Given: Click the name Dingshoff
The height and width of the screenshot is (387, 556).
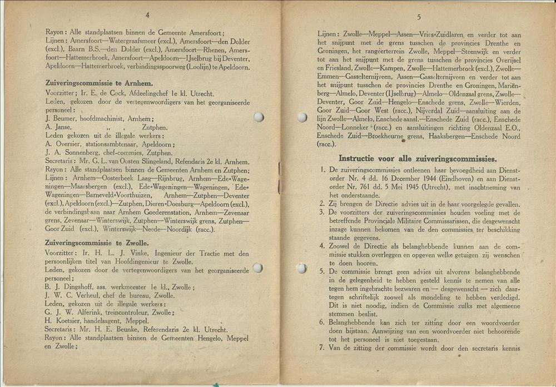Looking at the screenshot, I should tap(72, 287).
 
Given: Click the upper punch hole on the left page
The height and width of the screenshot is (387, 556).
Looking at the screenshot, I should tap(258, 117).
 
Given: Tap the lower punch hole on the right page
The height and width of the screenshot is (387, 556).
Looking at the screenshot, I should tap(301, 269).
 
